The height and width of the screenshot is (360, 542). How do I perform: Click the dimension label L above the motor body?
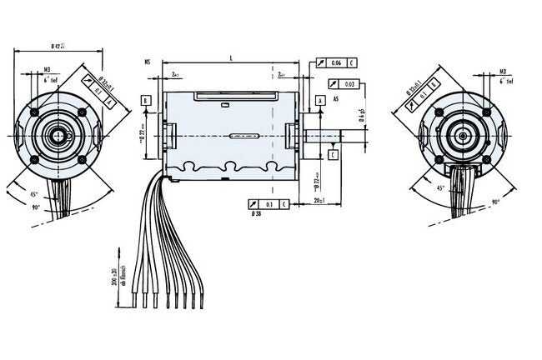(230, 57)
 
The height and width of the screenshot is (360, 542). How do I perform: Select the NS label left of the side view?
(147, 61)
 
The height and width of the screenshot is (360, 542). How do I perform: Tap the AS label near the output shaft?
(335, 98)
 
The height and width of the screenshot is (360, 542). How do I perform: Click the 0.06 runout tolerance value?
(335, 62)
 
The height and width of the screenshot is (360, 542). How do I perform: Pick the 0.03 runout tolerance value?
(349, 83)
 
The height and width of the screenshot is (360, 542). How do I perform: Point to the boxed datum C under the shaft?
(332, 155)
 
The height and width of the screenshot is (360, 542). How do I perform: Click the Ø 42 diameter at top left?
(58, 44)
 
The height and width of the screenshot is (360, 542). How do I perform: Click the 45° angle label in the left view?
(34, 194)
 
